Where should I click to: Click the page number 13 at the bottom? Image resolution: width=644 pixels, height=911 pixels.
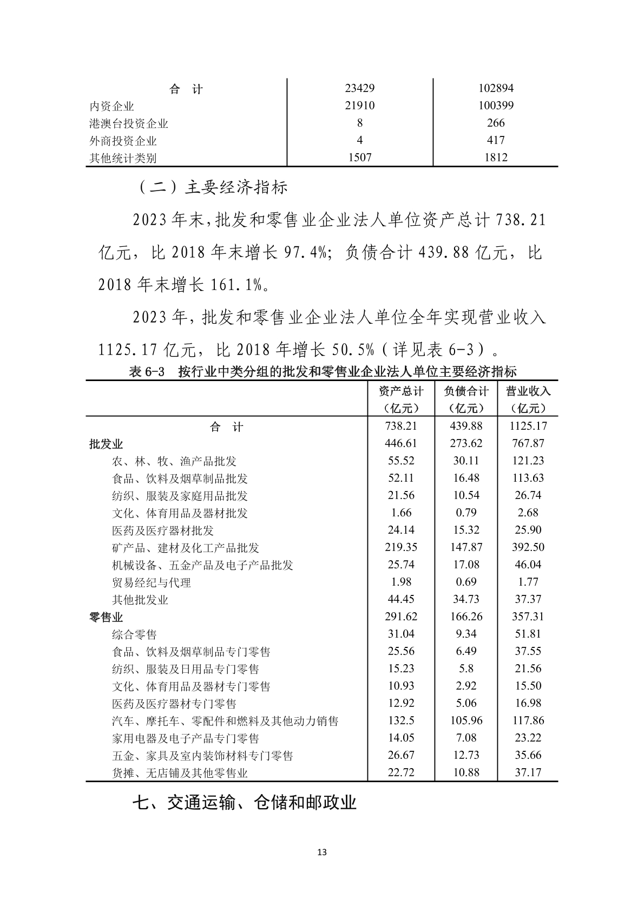pos(322,853)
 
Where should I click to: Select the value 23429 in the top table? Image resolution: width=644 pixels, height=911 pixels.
pos(360,88)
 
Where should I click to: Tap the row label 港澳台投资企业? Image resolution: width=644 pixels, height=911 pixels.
pos(129,123)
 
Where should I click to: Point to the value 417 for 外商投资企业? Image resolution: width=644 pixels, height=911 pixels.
pos(496,141)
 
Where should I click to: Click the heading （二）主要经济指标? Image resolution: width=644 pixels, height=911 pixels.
pos(212,187)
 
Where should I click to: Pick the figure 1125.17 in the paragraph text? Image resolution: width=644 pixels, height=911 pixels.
pos(128,350)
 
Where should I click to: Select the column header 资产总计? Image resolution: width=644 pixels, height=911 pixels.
pos(401,391)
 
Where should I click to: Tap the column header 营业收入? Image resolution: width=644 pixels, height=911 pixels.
pos(528,391)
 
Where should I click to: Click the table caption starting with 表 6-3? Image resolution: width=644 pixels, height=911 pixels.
pos(322,372)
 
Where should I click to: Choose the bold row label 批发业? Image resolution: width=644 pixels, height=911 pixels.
pos(106,444)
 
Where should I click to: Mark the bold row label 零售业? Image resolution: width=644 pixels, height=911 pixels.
pos(106,617)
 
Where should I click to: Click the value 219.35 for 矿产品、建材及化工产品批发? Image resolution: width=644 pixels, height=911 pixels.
pos(401,547)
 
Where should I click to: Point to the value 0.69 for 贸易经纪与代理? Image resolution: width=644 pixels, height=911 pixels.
pos(466,582)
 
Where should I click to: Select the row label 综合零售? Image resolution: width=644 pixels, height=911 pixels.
pos(134,634)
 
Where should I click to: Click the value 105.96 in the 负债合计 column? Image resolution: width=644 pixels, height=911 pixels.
pos(466,720)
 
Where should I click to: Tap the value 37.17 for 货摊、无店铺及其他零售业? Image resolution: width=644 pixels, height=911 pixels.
pos(528,772)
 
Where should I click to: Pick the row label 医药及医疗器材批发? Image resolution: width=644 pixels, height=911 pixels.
pos(162,530)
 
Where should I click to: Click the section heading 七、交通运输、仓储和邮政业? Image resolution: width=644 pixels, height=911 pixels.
pos(244,803)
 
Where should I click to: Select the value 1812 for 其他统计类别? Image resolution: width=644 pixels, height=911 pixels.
pos(496,158)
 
